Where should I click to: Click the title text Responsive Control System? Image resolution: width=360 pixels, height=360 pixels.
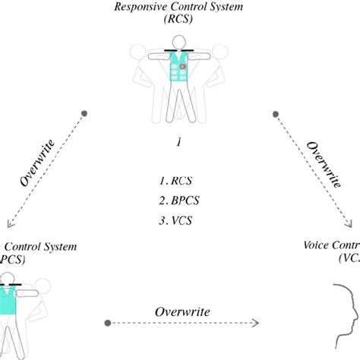click(180, 8)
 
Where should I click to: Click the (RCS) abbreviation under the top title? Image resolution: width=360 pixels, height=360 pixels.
click(180, 22)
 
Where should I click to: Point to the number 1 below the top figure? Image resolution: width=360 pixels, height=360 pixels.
click(179, 142)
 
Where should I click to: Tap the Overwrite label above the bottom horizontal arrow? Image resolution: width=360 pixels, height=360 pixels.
click(180, 312)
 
